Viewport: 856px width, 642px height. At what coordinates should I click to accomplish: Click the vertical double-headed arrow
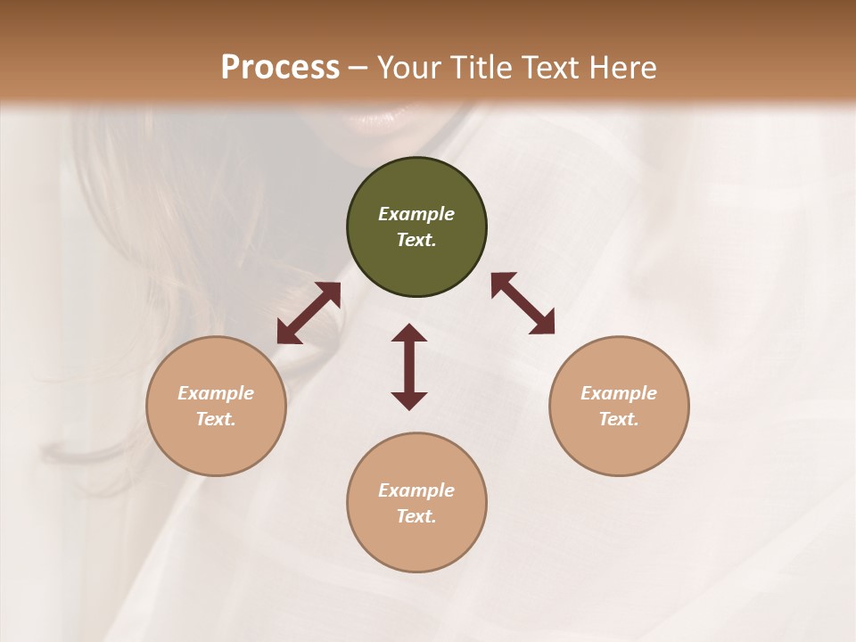409,366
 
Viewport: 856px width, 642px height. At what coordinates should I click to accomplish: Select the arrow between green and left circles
309,313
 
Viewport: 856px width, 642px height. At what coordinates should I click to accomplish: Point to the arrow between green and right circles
523,303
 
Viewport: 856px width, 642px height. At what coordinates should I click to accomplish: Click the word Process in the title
280,67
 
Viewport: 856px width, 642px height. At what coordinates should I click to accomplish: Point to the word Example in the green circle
416,214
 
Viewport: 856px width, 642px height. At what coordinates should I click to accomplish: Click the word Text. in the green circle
416,240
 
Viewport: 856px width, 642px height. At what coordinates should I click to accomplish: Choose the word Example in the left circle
216,393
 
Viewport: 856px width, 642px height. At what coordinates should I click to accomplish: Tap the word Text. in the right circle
619,419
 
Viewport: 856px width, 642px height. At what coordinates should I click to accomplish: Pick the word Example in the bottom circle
416,490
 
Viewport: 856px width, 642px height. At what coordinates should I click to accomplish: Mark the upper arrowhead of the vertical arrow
409,333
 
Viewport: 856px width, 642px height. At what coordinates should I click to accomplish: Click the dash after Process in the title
358,68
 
